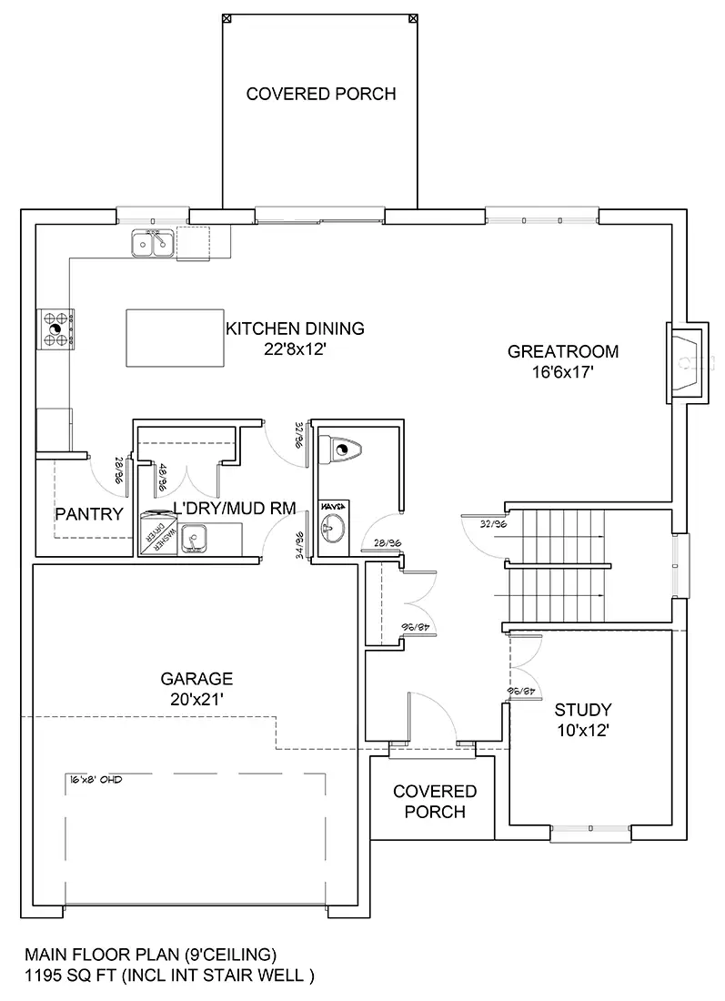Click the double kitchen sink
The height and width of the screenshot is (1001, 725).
point(153,243)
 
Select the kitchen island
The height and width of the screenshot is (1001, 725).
point(174,338)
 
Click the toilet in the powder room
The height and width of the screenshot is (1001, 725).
point(341,448)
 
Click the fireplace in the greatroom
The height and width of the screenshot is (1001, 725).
point(687,360)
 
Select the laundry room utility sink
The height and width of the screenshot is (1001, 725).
point(194,541)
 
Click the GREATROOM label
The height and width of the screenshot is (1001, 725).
point(563,351)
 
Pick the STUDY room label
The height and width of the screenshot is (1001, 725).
point(582,710)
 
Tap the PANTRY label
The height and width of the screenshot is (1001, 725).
point(88,514)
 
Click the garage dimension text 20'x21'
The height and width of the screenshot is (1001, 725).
point(196,699)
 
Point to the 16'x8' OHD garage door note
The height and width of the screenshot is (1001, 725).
point(96,780)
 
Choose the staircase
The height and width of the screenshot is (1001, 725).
point(555,566)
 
